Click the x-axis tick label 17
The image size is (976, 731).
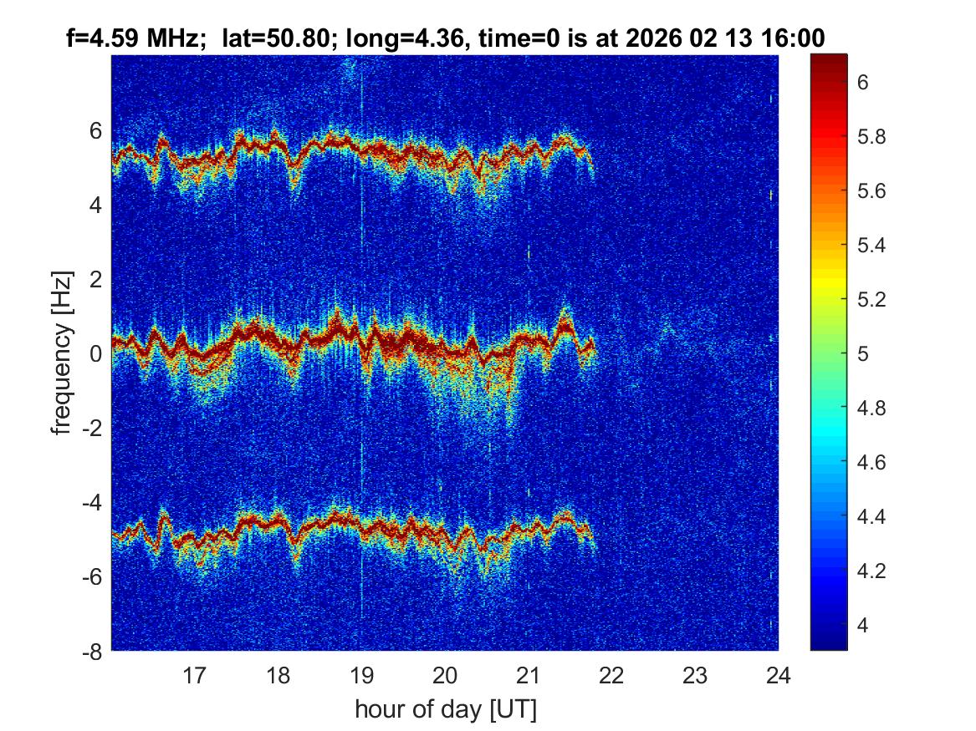pyautogui.click(x=195, y=674)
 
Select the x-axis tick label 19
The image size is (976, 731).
pyautogui.click(x=361, y=674)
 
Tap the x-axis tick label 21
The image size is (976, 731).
pyautogui.click(x=529, y=674)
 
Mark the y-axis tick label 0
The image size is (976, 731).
pyautogui.click(x=97, y=353)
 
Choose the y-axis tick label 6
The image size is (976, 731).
pyautogui.click(x=97, y=130)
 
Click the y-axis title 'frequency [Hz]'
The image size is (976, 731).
pyautogui.click(x=61, y=353)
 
